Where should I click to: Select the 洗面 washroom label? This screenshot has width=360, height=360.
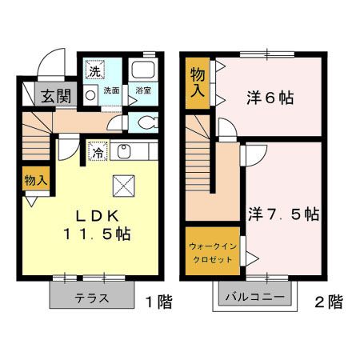110,91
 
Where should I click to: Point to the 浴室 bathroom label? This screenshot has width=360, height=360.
144,91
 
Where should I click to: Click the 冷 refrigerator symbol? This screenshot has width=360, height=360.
96,151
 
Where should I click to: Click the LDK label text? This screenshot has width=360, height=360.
97,215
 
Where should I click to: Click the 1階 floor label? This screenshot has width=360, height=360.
158,302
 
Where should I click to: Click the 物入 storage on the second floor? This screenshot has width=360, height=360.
198,82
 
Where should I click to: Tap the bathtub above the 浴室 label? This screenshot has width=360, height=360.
144,70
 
